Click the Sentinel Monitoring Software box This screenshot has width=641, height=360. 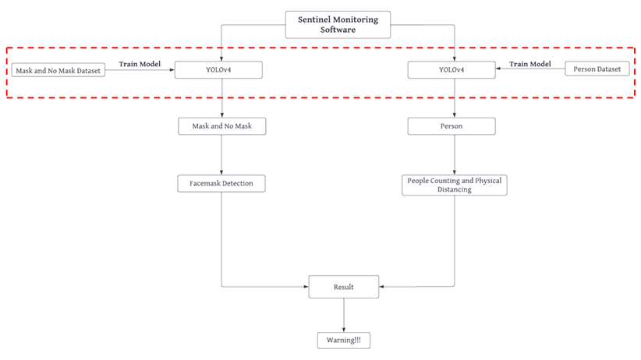coord(337,24)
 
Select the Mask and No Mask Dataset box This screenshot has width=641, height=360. coord(58,71)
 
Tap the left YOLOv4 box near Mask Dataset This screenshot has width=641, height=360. coord(218,70)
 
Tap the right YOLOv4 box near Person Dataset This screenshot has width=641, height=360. coord(452,70)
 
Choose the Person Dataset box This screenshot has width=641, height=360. coord(597,69)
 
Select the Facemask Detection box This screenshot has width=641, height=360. coord(221,184)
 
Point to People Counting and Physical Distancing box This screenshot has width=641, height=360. coord(455,185)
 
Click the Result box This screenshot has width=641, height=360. coord(343,287)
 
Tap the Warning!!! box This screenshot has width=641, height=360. coord(343,341)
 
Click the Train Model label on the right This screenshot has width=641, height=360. coord(530,64)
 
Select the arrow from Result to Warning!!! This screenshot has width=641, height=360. coord(343,316)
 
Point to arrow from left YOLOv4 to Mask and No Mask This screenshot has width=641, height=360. coord(221,98)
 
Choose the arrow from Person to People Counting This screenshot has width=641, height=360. coord(455,154)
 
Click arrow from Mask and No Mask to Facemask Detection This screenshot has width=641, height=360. coord(221,154)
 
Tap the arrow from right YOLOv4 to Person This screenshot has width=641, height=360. coord(455,98)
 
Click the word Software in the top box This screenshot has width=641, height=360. coord(337,30)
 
